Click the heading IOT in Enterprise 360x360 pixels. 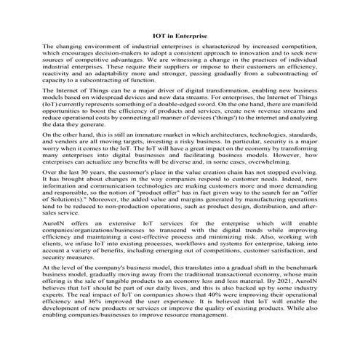click(180, 34)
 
